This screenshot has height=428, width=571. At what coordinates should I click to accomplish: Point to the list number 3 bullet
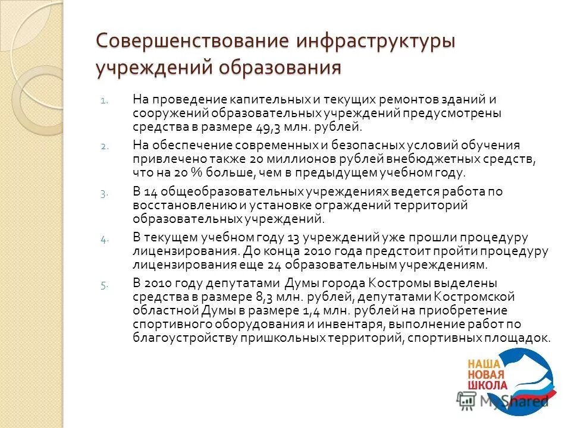pos(103,193)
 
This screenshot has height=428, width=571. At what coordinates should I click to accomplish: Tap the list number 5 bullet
pos(103,285)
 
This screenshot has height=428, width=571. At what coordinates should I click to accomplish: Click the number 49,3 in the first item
pos(288,127)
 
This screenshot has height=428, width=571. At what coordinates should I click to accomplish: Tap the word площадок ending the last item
pos(520,337)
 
